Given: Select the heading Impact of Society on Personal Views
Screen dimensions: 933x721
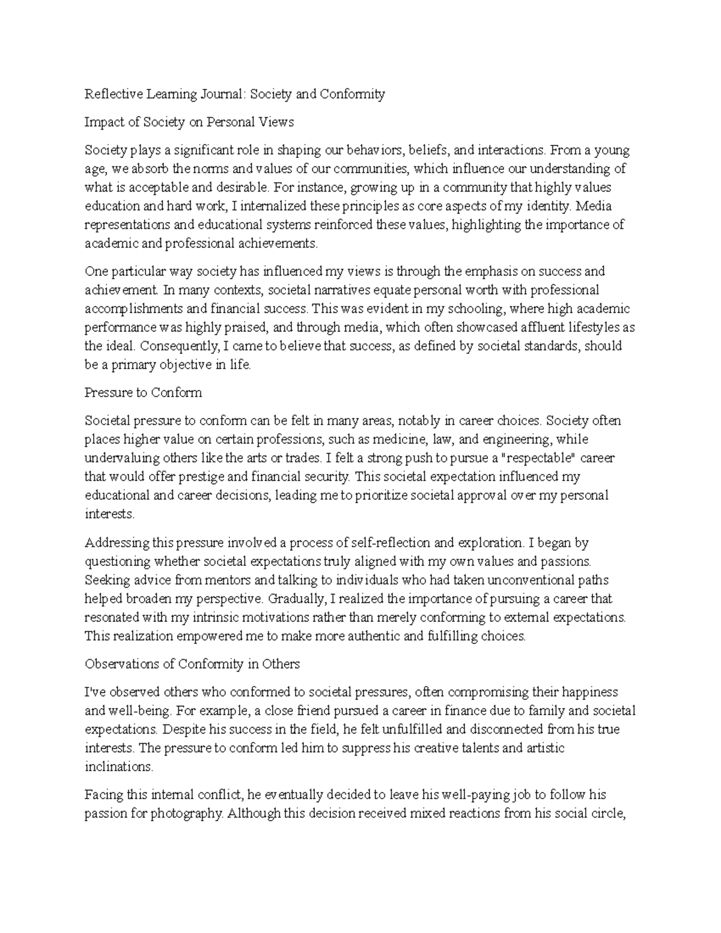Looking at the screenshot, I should coord(189,123).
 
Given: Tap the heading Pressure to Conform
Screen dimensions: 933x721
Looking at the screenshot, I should coord(143,393).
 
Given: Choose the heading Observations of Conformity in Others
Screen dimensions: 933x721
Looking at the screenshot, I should coord(192,664).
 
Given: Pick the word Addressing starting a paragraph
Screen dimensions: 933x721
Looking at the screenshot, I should coord(117,543).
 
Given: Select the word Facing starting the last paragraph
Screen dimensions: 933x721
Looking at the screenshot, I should coord(103,795).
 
